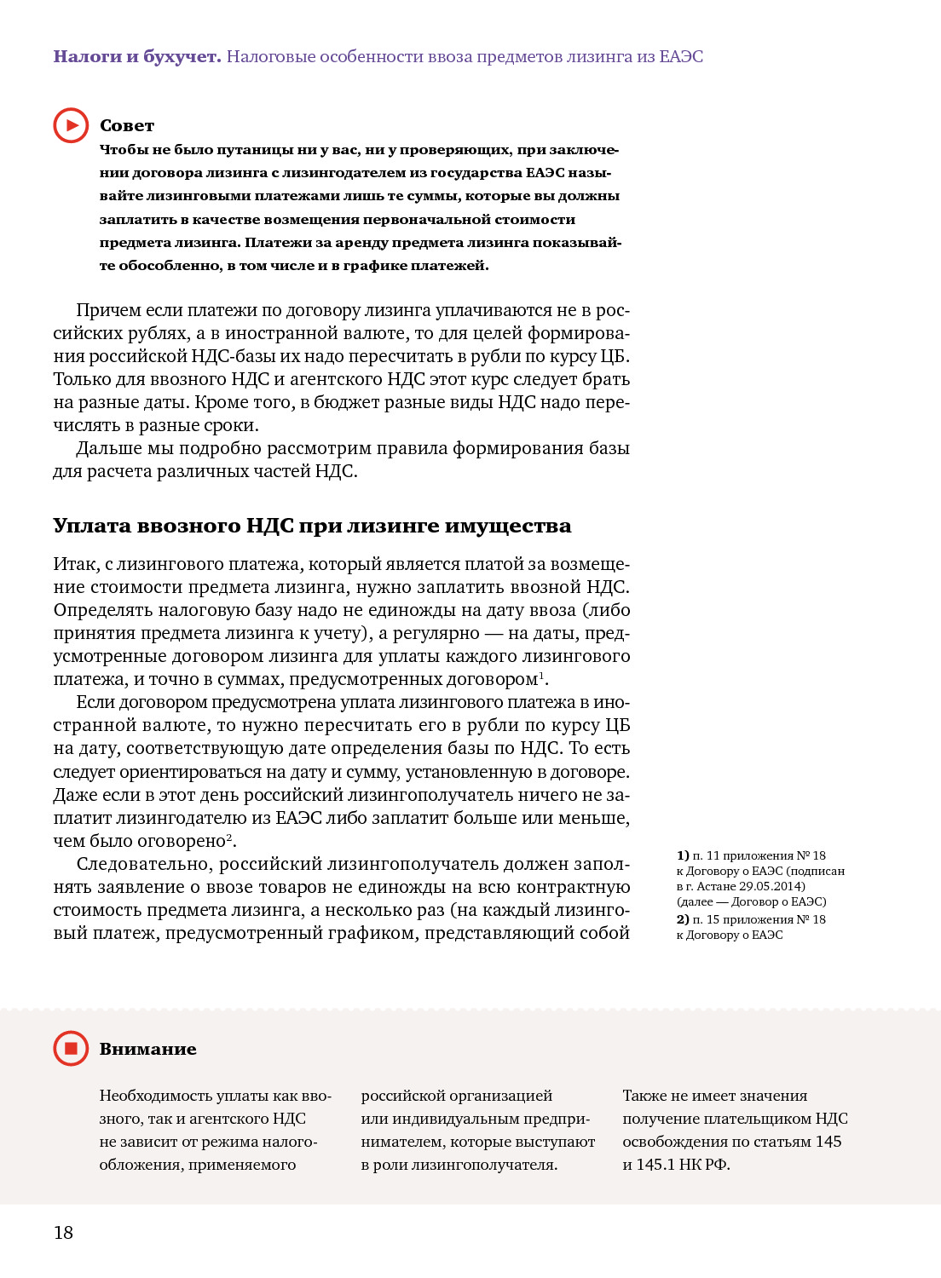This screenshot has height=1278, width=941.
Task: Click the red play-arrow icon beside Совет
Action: pyautogui.click(x=71, y=125)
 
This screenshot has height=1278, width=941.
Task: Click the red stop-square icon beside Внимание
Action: pyautogui.click(x=71, y=1048)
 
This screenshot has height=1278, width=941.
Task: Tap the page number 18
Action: pyautogui.click(x=63, y=1232)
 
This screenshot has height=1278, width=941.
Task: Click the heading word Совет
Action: pyautogui.click(x=127, y=125)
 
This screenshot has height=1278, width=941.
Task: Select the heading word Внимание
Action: pyautogui.click(x=147, y=1049)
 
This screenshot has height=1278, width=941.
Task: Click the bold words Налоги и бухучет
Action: pyautogui.click(x=136, y=56)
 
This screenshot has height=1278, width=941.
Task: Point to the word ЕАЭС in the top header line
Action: pyautogui.click(x=681, y=56)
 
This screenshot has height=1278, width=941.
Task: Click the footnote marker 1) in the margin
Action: pyautogui.click(x=683, y=855)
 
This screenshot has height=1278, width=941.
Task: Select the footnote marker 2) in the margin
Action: pyautogui.click(x=683, y=919)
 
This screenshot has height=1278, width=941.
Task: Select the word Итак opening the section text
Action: pyautogui.click(x=74, y=564)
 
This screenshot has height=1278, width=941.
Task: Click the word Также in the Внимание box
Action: pyautogui.click(x=644, y=1096)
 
